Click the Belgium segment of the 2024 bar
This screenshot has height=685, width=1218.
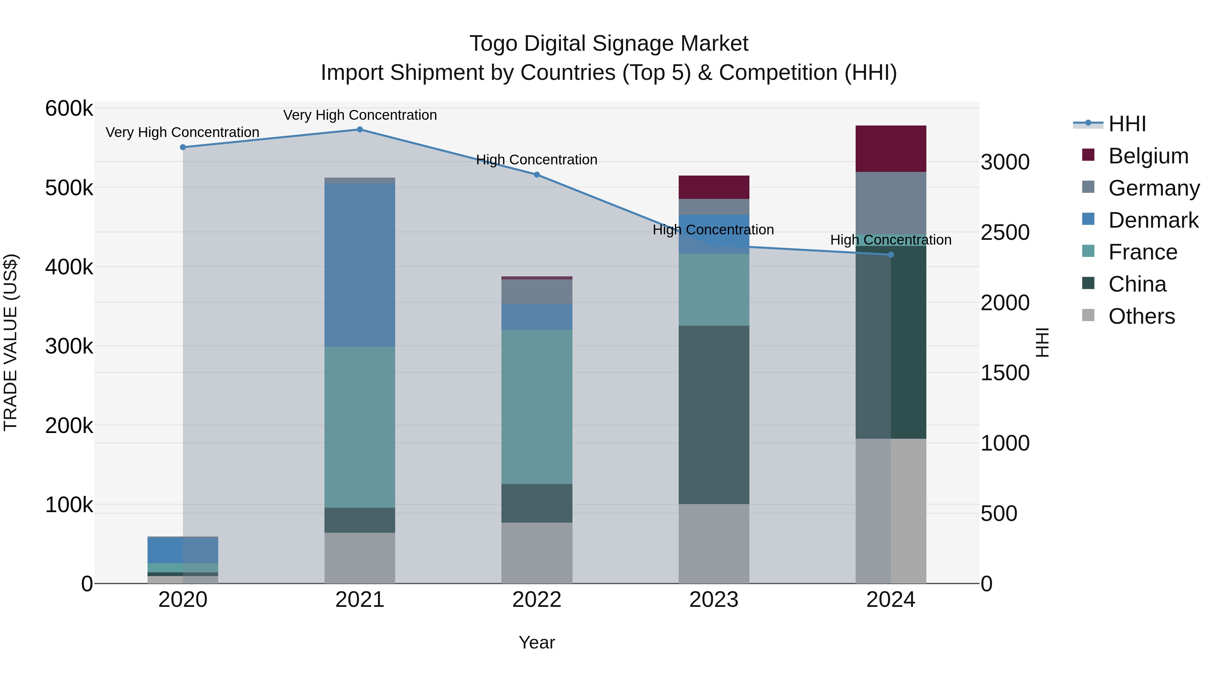pos(890,149)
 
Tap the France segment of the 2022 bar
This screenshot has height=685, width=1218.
pos(537,407)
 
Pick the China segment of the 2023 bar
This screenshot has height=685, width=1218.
pos(714,415)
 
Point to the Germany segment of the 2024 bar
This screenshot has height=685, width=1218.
pos(890,203)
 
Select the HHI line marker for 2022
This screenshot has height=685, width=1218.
pos(537,175)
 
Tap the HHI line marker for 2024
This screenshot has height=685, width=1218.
pos(891,255)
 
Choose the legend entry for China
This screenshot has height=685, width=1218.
pos(1137,284)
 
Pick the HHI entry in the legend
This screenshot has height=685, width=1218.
pos(1127,124)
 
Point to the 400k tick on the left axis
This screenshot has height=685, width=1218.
pos(69,267)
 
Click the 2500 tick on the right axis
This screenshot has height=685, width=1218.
pos(1005,232)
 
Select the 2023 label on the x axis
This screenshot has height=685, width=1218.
pos(714,600)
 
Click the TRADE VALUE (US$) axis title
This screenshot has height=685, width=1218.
pos(10,342)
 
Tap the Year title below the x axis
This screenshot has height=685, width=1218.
pos(537,642)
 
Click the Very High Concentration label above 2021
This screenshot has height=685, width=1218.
pos(360,115)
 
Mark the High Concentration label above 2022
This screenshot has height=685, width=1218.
pos(537,160)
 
